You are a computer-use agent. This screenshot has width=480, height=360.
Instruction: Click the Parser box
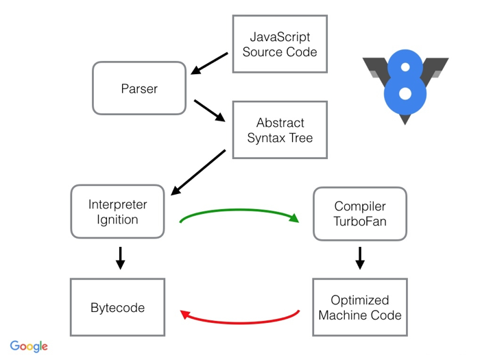click(139, 88)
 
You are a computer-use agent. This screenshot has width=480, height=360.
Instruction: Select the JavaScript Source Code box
click(280, 44)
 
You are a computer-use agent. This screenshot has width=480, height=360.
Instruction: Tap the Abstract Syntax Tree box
click(280, 130)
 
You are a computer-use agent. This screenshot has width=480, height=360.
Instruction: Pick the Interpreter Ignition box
click(117, 211)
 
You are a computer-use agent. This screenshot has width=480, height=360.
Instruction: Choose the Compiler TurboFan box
click(360, 214)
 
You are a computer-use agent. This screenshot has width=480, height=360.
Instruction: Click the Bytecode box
click(117, 307)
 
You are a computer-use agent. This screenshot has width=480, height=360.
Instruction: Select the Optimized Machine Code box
click(360, 307)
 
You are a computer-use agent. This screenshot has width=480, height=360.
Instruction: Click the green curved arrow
click(239, 210)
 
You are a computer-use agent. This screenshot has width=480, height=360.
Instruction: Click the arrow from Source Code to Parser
click(209, 63)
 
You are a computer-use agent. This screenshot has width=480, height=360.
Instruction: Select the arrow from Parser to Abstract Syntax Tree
click(210, 110)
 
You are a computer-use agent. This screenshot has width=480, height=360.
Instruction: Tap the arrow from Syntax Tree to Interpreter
click(198, 172)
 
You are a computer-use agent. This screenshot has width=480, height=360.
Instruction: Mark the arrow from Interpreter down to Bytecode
click(120, 258)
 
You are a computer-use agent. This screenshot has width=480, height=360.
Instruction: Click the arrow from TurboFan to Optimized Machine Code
click(360, 258)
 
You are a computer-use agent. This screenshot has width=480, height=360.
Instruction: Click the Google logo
click(29, 346)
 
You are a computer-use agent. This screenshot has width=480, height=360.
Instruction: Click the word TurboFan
click(360, 221)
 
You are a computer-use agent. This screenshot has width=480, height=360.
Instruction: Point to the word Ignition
click(117, 220)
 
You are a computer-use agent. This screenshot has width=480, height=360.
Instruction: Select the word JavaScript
click(280, 37)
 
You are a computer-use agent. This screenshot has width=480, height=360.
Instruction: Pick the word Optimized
click(360, 300)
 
